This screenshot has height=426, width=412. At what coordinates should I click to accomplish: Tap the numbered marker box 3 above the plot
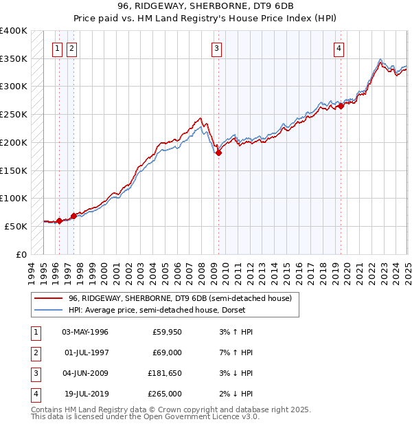(x=216, y=48)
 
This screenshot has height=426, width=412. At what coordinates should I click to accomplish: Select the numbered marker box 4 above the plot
(x=339, y=48)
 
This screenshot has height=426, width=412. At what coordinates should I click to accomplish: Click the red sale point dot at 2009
(x=218, y=153)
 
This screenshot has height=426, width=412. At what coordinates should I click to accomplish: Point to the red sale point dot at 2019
(x=341, y=106)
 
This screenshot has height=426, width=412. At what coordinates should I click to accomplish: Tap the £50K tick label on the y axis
(x=16, y=226)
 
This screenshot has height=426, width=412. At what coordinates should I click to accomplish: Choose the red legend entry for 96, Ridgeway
(x=180, y=298)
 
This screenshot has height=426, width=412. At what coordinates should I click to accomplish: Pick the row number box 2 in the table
(x=35, y=352)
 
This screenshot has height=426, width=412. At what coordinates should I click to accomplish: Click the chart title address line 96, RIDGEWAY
(x=206, y=6)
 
